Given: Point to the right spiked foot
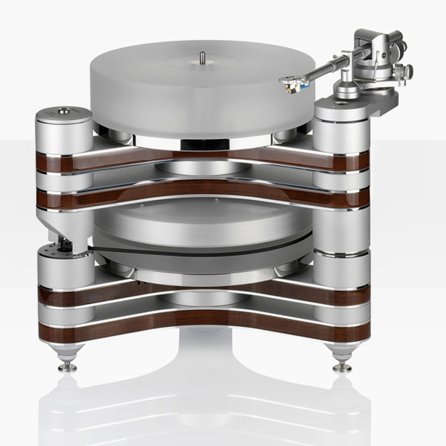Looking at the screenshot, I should click(342, 364).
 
